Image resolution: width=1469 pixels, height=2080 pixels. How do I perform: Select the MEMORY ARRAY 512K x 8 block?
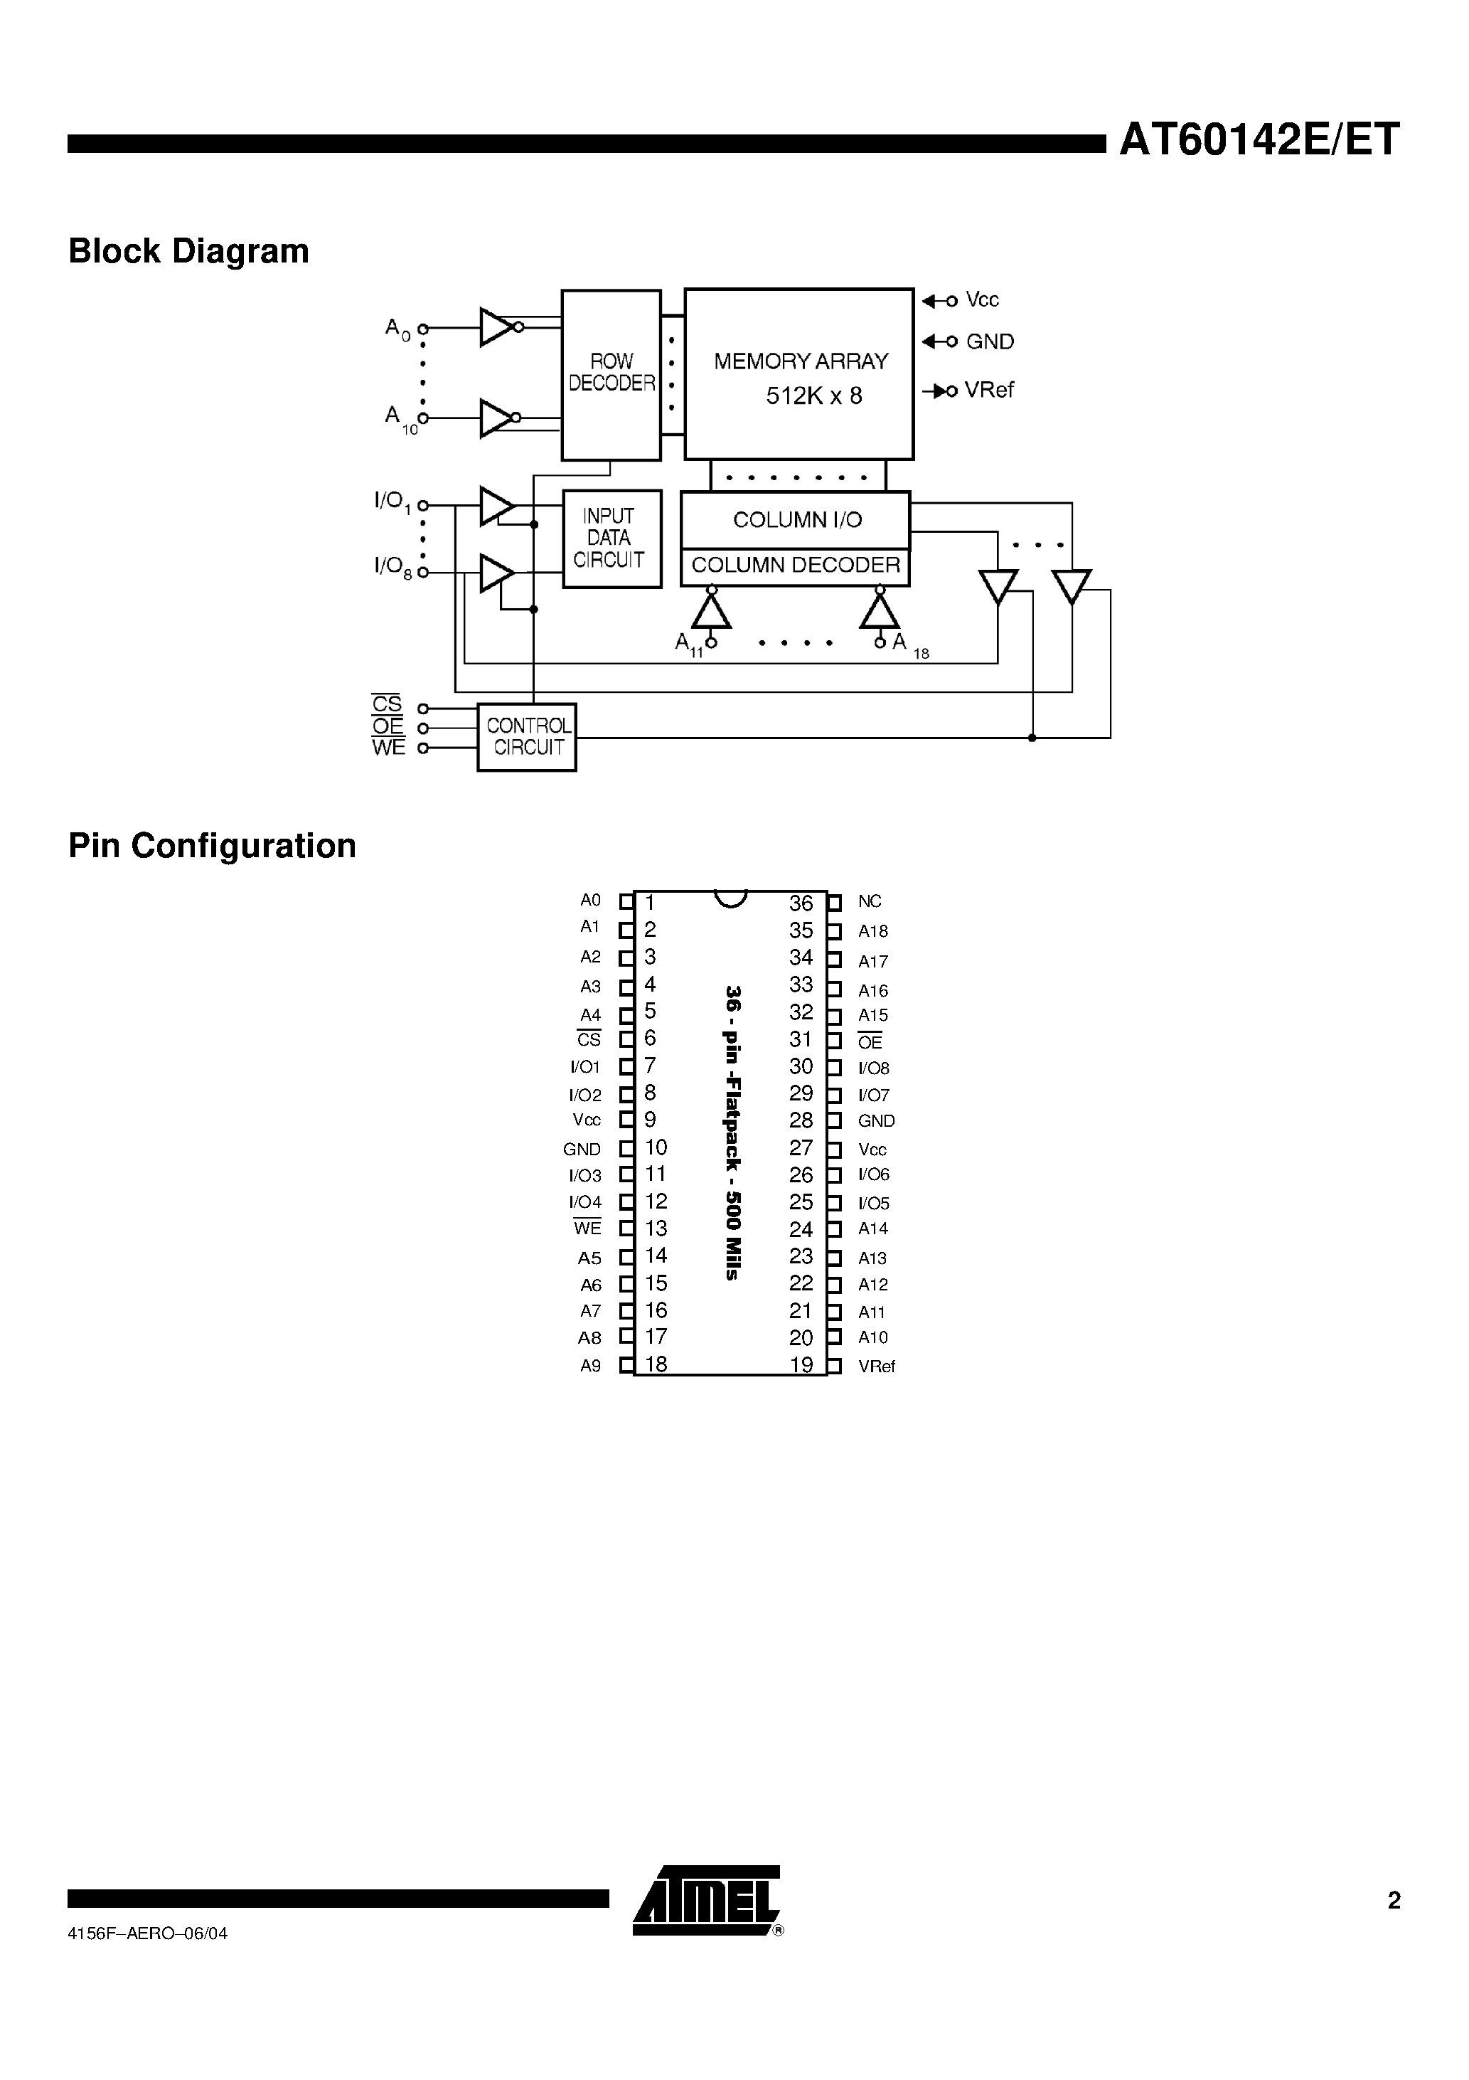798,374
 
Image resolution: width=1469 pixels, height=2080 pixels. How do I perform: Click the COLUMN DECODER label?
795,566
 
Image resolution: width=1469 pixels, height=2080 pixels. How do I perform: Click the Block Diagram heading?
188,251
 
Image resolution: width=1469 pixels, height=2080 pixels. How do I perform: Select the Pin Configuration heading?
212,845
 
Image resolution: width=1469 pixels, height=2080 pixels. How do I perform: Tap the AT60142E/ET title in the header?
1259,139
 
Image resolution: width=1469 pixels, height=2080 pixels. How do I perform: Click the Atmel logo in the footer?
707,1901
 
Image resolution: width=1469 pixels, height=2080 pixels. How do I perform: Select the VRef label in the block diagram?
988,390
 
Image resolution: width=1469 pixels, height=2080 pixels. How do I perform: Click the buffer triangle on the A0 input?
496,327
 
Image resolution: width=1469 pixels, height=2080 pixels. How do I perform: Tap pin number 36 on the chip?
801,903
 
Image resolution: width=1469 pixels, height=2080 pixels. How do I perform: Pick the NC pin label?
870,901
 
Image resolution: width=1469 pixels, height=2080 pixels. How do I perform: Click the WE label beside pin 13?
587,1229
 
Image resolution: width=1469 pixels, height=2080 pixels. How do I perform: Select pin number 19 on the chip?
801,1365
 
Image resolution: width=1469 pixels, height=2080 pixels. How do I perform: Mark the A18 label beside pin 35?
873,931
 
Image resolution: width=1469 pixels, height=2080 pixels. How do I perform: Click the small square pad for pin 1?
626,902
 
